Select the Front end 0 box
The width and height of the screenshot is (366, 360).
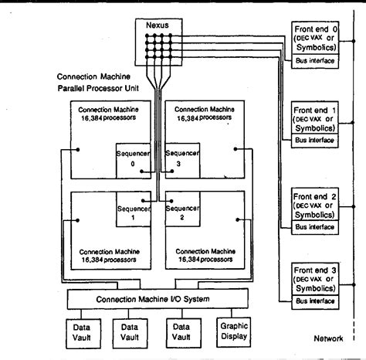click(314, 39)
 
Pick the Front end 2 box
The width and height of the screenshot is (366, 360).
click(314, 204)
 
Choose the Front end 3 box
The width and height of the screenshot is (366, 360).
click(314, 279)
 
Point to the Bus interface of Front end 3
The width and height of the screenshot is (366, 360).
click(314, 301)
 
